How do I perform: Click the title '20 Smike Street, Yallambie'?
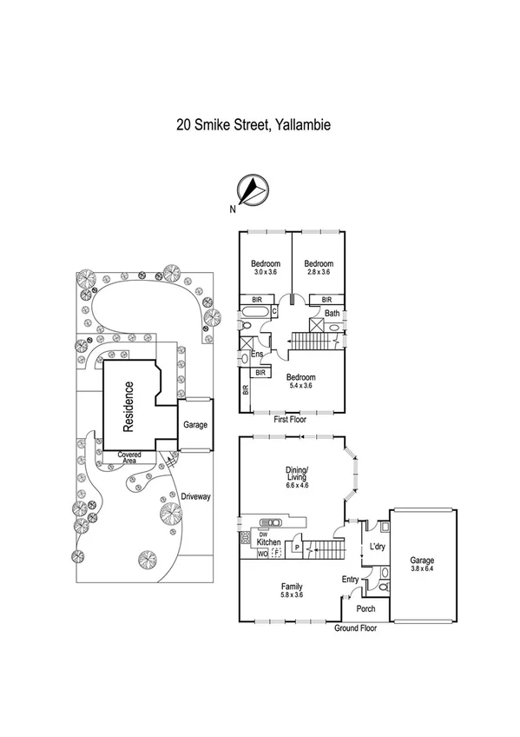(x=253, y=124)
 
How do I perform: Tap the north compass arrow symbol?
(x=251, y=189)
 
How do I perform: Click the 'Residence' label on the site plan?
(x=128, y=407)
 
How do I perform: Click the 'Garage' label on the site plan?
(x=194, y=426)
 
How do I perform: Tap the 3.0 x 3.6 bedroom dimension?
(x=266, y=273)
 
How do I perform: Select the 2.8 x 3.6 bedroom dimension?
(x=319, y=273)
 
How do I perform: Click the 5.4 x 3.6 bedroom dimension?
(x=300, y=387)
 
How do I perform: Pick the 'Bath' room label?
(x=332, y=315)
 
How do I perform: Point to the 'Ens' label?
(x=257, y=355)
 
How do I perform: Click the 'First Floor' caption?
(x=292, y=419)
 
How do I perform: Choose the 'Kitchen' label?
(x=268, y=541)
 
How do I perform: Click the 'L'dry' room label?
(x=378, y=547)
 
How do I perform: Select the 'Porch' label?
(x=366, y=608)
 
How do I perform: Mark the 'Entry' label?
(x=351, y=580)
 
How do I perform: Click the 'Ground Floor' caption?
(x=355, y=627)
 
